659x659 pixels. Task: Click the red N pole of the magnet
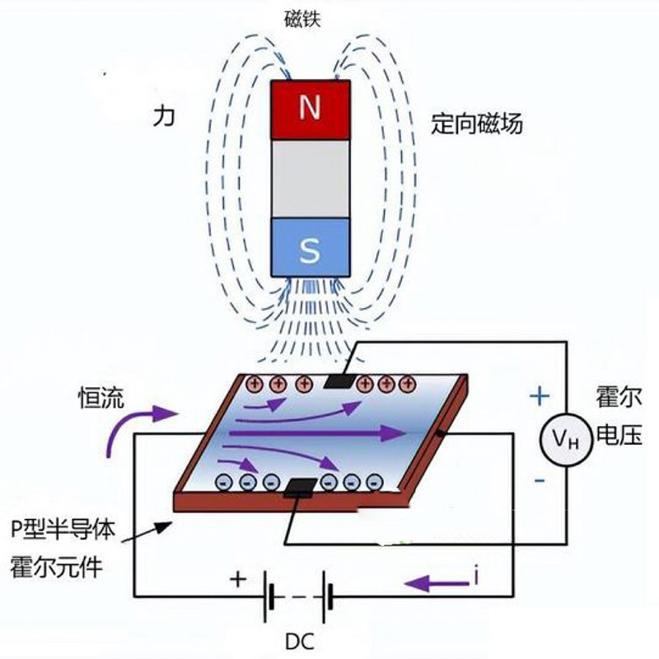[310, 110]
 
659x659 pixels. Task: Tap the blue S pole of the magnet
[310, 248]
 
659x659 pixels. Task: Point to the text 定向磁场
[477, 125]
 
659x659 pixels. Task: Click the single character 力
[164, 116]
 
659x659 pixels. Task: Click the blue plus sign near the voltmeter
[539, 397]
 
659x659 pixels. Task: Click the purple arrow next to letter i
[437, 583]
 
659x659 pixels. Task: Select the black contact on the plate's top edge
[339, 381]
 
